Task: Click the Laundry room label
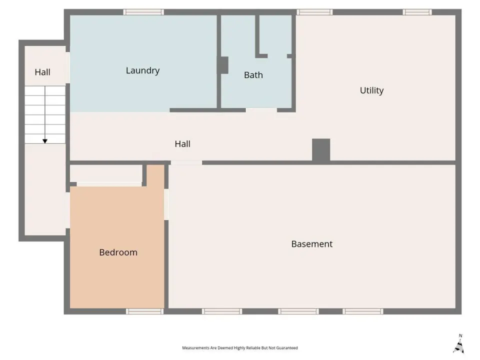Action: [x=142, y=70]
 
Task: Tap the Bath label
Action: [x=253, y=75]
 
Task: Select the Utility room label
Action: [x=371, y=90]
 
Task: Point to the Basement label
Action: [x=311, y=244]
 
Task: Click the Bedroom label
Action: [x=118, y=252]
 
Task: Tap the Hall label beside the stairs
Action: [x=42, y=72]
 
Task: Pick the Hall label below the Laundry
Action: [x=182, y=144]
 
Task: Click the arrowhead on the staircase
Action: [x=45, y=141]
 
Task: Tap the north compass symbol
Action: [x=459, y=344]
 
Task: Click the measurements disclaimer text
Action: [x=239, y=348]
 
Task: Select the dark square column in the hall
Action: [x=321, y=149]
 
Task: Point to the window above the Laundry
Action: [x=143, y=12]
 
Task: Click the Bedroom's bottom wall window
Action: [x=145, y=311]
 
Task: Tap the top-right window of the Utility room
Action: [x=417, y=12]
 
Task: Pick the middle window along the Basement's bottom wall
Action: [x=298, y=311]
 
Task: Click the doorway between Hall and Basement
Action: [x=186, y=162]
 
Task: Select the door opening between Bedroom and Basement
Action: [x=166, y=204]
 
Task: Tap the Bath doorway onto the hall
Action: [x=261, y=110]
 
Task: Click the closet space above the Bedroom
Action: [x=106, y=173]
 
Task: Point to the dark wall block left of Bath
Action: [x=223, y=65]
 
